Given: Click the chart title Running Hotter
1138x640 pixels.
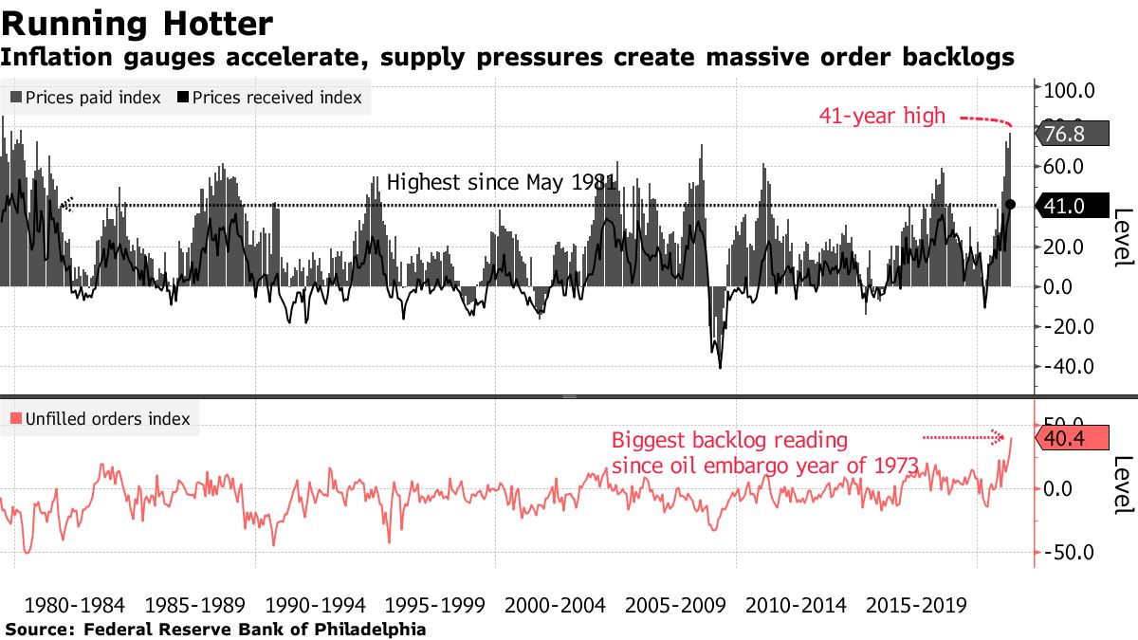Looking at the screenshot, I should point(138,23).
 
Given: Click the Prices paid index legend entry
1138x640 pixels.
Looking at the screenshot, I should point(85,98).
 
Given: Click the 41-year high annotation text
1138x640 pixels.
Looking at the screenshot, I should point(882,116).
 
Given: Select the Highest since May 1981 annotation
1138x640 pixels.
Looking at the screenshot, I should point(502,182).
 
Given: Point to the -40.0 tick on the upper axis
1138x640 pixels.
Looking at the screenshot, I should point(1070,366).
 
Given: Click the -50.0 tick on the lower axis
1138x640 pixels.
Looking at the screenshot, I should point(1070,553).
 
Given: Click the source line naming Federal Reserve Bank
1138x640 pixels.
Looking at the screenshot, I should point(215,629).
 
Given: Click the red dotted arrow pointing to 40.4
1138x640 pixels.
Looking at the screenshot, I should point(964,437).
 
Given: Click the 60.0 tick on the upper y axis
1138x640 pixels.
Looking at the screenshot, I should point(1070,166).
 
